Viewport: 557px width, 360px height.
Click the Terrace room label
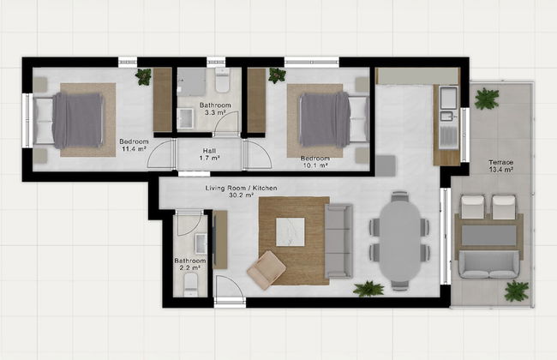501,166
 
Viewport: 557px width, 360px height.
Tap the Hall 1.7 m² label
210,154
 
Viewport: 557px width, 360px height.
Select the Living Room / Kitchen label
241,191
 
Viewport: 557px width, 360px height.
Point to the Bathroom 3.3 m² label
215,109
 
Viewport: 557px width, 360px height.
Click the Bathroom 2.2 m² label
190,264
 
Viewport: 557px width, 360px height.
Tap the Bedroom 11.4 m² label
134,145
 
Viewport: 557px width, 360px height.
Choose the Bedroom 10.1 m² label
315,162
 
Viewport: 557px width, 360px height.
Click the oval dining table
400,241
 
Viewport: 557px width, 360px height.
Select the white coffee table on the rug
290,231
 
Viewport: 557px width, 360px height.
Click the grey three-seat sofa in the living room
338,241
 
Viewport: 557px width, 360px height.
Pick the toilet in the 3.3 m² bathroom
223,81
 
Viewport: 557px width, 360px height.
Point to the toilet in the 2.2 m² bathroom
191,285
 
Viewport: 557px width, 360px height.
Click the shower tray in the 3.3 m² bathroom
192,82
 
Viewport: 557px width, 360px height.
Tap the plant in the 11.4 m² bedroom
143,76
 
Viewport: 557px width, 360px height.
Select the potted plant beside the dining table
368,289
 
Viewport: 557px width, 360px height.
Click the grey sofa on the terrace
488,264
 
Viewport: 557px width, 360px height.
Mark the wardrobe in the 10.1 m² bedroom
256,100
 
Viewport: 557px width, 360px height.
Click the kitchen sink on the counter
446,116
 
